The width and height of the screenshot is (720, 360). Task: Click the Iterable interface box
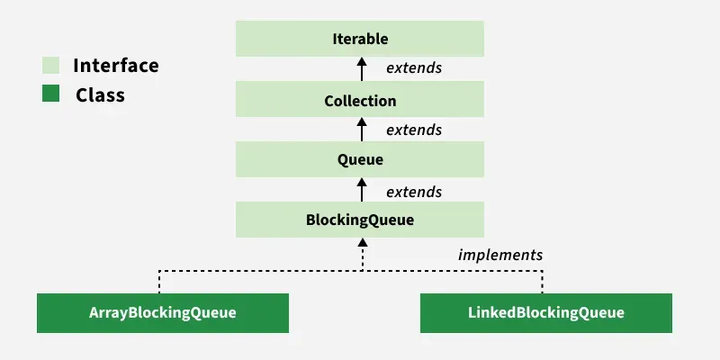click(360, 40)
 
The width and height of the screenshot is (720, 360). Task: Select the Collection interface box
click(360, 100)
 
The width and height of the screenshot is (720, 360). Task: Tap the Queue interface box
click(360, 160)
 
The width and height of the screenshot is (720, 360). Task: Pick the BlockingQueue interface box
click(360, 220)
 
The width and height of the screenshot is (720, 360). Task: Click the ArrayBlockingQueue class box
click(162, 312)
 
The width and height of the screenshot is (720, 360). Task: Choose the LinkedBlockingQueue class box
click(545, 312)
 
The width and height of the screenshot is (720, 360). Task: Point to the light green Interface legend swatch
click(50, 66)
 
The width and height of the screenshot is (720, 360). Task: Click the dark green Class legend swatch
click(50, 94)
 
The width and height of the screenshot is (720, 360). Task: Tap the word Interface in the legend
click(115, 66)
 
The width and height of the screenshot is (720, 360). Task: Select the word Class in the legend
click(100, 94)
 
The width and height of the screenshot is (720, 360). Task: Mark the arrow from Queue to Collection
click(362, 129)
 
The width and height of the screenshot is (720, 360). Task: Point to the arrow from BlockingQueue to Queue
click(362, 189)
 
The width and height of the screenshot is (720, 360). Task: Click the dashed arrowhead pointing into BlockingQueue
click(362, 245)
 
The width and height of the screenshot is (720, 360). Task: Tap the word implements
click(500, 255)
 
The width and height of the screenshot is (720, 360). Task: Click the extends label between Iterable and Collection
click(414, 68)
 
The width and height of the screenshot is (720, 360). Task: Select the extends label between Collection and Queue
click(414, 130)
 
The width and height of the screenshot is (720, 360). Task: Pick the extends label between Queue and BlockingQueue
click(414, 192)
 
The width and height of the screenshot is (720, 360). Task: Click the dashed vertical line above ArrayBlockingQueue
click(160, 281)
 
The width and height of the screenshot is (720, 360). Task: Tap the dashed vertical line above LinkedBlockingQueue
click(543, 281)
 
